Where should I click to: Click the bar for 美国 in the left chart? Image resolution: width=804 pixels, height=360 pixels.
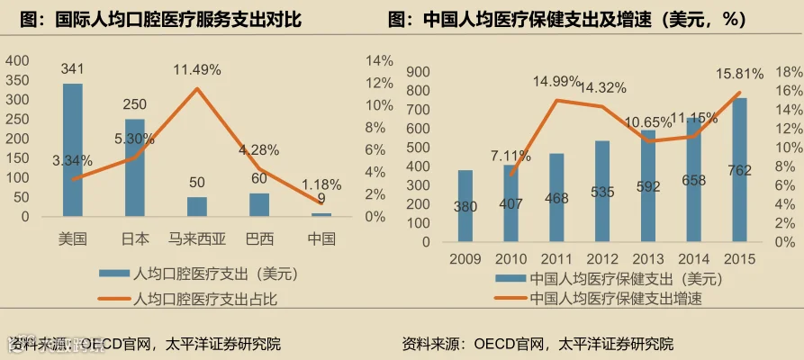coord(72,149)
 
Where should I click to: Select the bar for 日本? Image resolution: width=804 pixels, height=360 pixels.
coord(135,167)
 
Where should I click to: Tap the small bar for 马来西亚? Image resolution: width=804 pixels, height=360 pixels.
coord(197,207)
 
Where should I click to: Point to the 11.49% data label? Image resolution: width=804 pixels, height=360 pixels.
coord(196,69)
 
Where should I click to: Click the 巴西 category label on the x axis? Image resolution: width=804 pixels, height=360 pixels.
coord(260,239)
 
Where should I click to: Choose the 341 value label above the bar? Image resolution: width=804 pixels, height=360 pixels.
coord(72,68)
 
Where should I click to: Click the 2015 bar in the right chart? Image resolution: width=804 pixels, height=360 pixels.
coord(739,170)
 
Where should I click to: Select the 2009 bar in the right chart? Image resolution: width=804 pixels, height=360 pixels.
coord(465,205)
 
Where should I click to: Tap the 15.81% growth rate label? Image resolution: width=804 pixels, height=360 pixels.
coord(740,74)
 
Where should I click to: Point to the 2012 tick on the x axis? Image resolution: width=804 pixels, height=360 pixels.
coord(602,258)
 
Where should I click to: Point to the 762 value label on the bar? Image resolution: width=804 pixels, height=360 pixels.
coord(739,171)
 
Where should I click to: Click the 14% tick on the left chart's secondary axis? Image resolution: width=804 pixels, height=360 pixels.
coord(379,60)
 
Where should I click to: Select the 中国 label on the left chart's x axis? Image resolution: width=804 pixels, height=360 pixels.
coord(321,239)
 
